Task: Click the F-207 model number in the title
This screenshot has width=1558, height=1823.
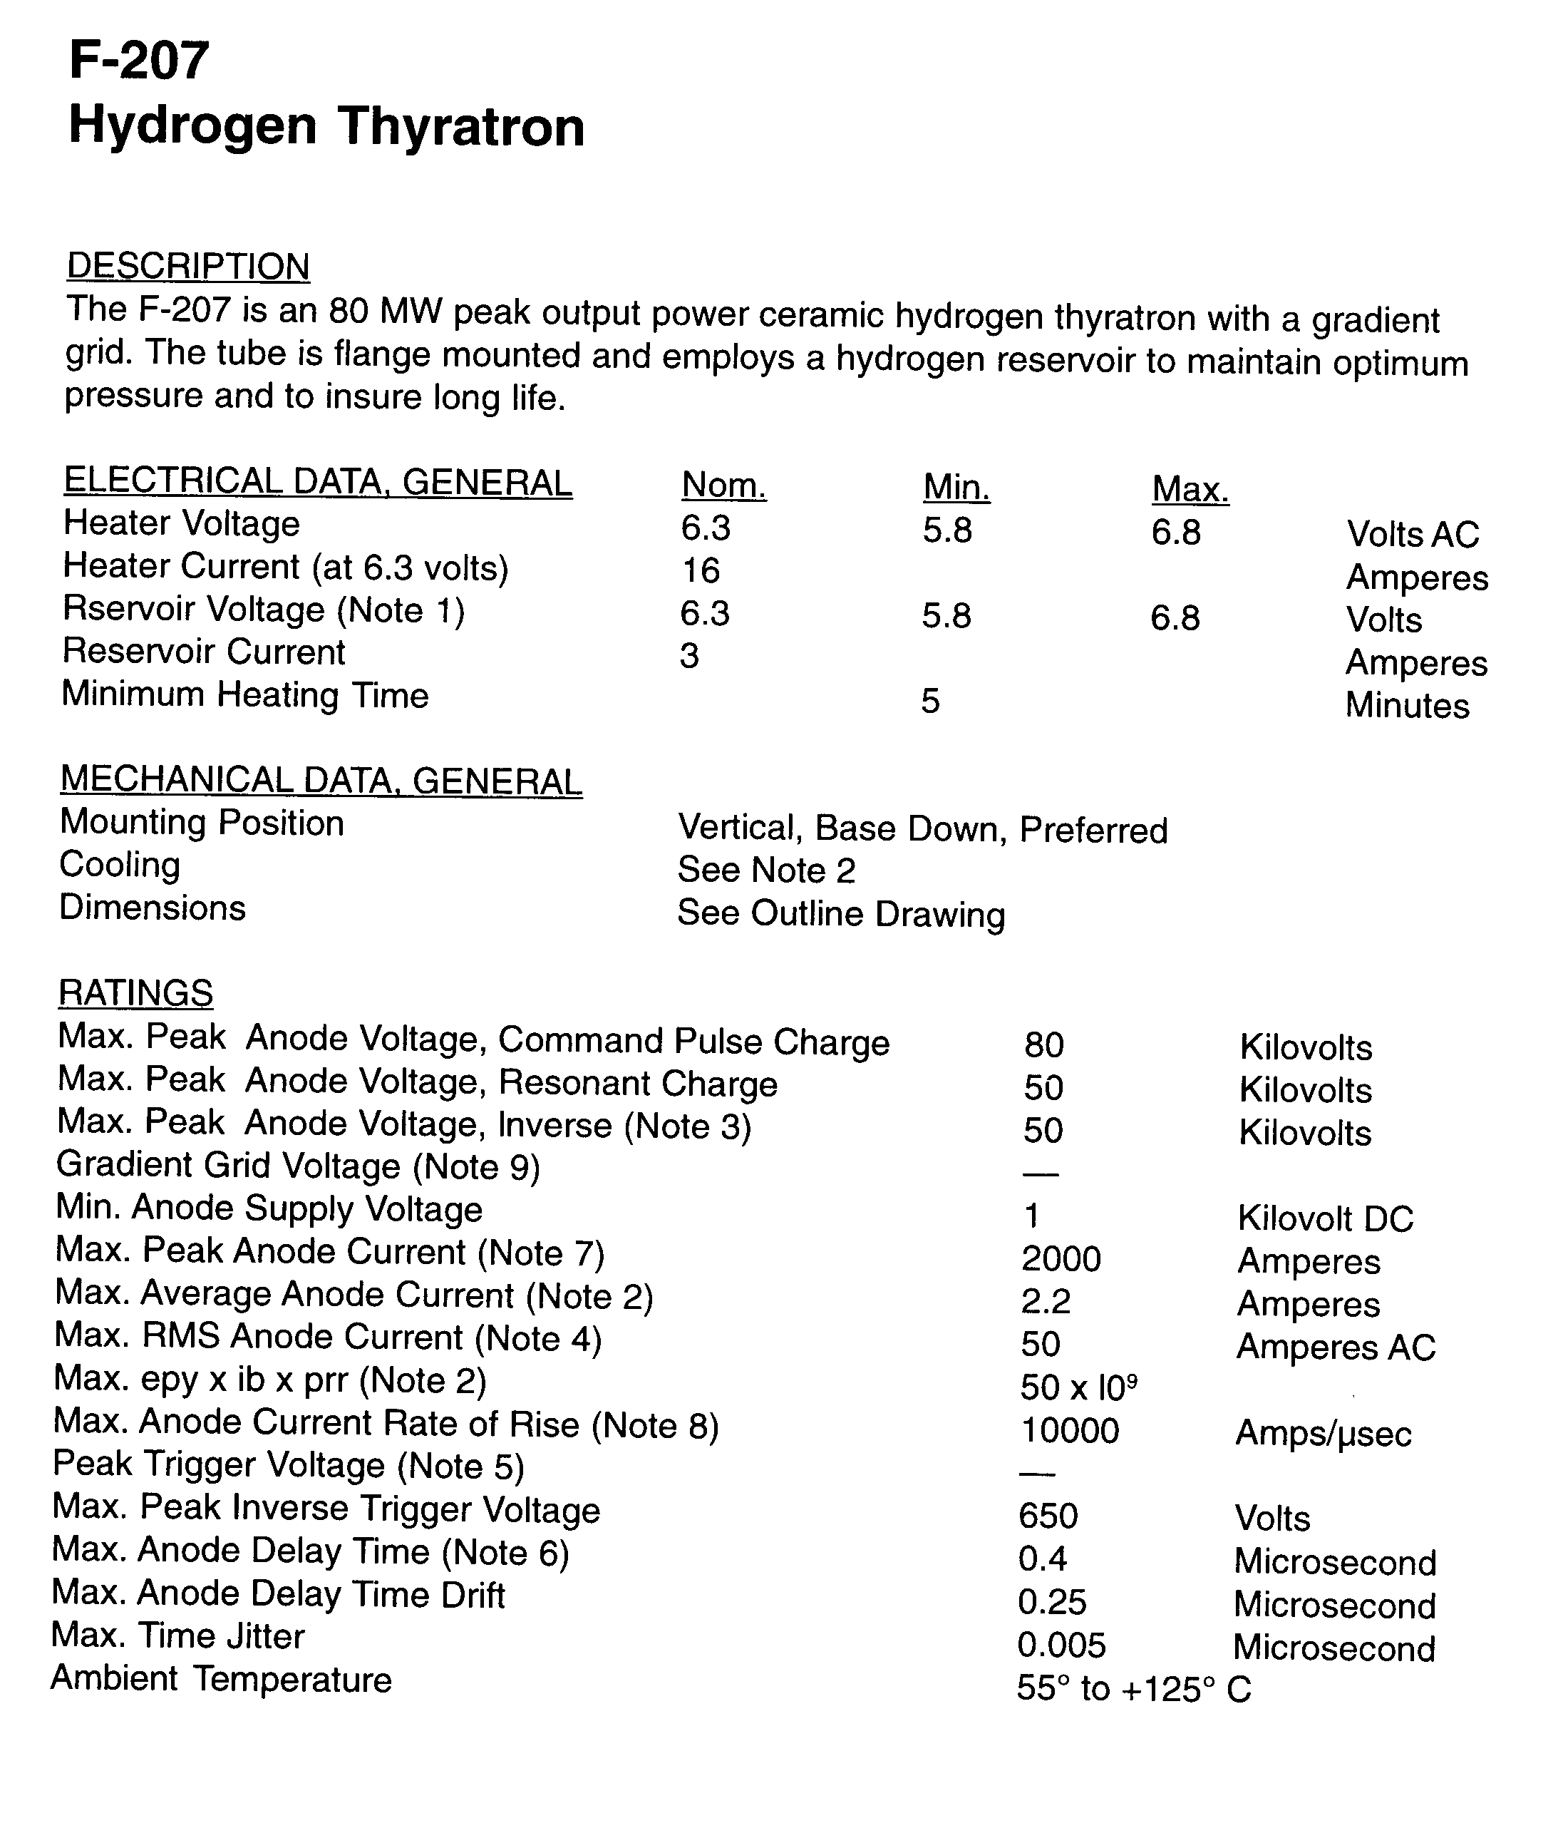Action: pyautogui.click(x=139, y=61)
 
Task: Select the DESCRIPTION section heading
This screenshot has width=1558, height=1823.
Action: pyautogui.click(x=188, y=266)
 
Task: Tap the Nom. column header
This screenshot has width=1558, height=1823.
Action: pyautogui.click(x=724, y=485)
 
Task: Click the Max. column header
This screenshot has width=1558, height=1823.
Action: pyautogui.click(x=1190, y=489)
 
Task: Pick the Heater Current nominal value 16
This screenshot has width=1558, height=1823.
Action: pyautogui.click(x=701, y=571)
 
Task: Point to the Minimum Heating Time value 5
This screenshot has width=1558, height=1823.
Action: pyautogui.click(x=931, y=702)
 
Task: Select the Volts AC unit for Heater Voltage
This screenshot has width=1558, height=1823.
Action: pyautogui.click(x=1413, y=534)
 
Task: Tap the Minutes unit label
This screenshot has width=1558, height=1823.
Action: pyautogui.click(x=1408, y=706)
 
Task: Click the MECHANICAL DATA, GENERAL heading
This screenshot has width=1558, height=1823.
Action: pyautogui.click(x=321, y=781)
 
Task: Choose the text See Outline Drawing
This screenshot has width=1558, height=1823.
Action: pyautogui.click(x=841, y=914)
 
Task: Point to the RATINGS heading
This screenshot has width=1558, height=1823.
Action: pyautogui.click(x=135, y=992)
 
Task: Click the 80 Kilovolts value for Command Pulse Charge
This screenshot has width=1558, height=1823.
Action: pyautogui.click(x=1044, y=1045)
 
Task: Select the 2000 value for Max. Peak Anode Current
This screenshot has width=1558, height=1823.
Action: pyautogui.click(x=1061, y=1259)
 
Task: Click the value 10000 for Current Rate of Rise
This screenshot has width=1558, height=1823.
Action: pyautogui.click(x=1070, y=1432)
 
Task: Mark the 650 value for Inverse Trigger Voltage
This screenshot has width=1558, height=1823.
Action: pyautogui.click(x=1048, y=1516)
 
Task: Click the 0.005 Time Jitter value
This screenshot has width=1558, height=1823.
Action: pyautogui.click(x=1061, y=1644)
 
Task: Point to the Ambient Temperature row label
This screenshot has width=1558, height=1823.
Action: pyautogui.click(x=222, y=1679)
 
